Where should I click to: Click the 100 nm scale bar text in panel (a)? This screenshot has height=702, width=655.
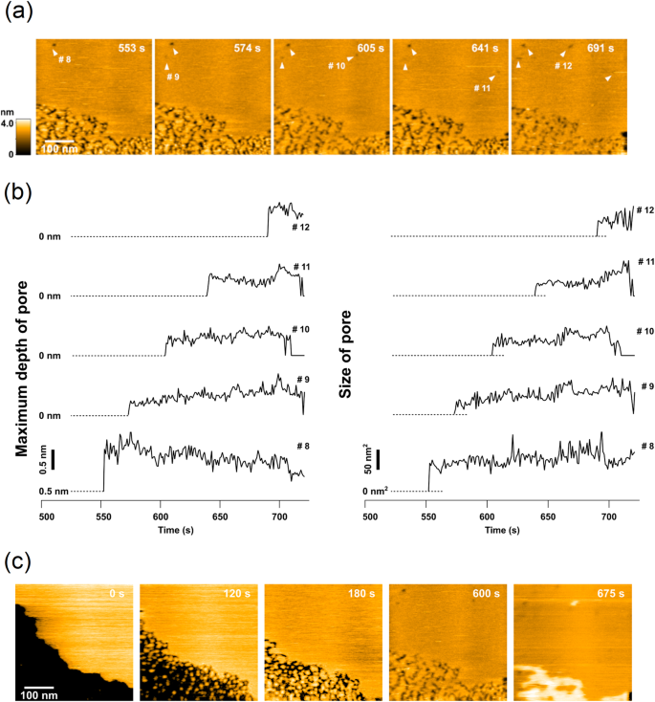click(59, 149)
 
